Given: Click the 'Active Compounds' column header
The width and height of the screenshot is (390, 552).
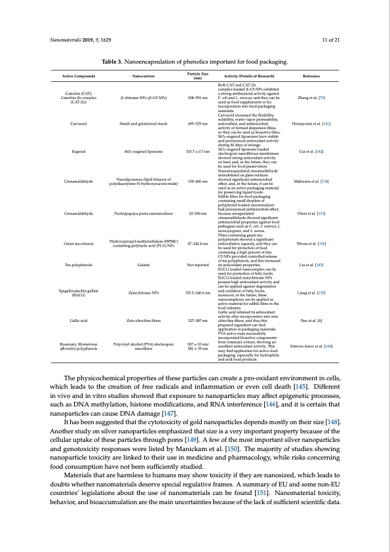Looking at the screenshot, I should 73,76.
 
